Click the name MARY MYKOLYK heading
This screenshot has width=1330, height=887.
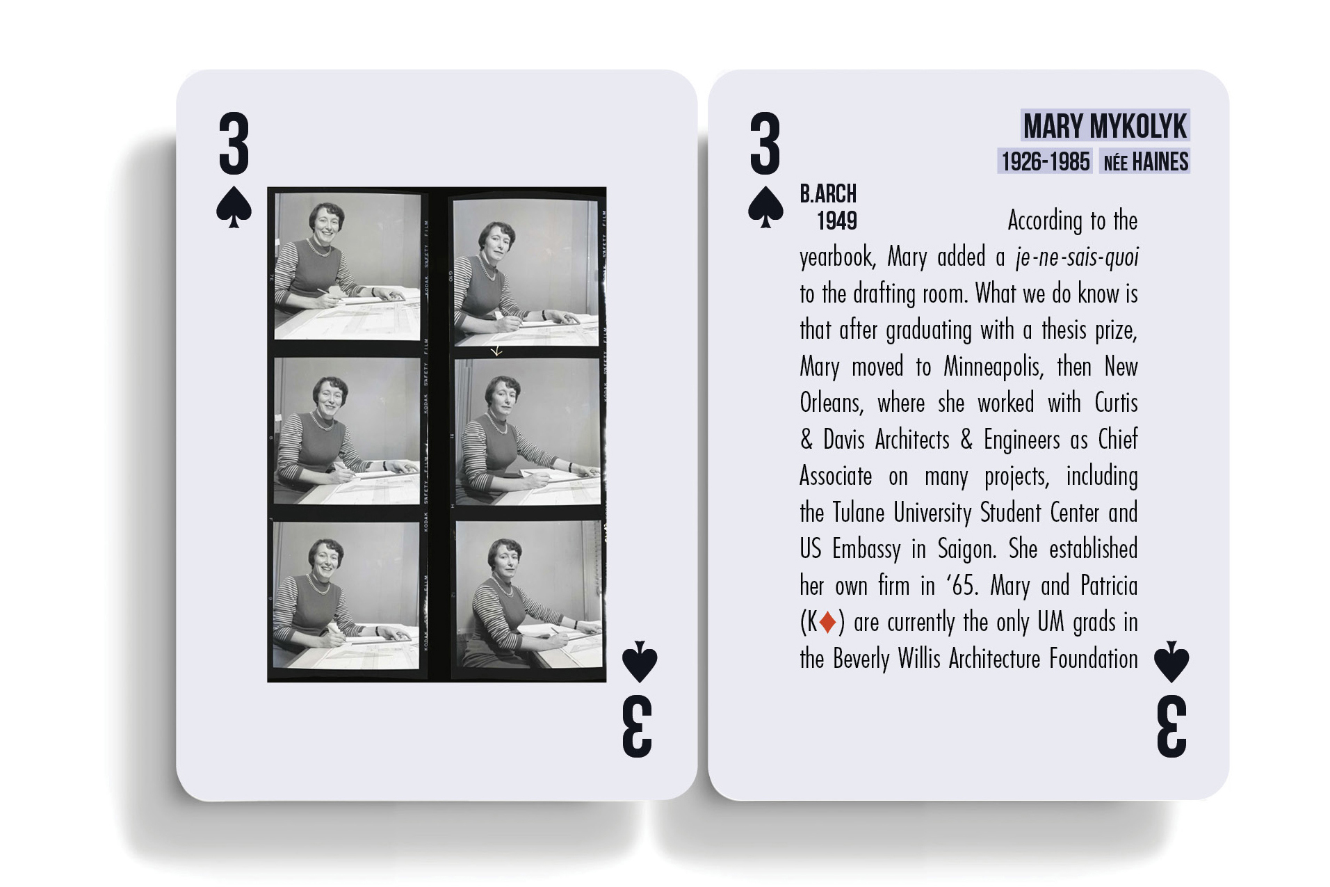point(1105,127)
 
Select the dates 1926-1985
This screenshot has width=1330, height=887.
point(1045,162)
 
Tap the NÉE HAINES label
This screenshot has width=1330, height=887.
point(1146,162)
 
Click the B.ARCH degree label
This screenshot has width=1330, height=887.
point(828,193)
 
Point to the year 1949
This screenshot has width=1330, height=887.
point(836,221)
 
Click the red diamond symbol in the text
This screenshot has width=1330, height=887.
point(827,622)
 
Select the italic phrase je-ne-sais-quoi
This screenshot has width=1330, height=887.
point(1077,257)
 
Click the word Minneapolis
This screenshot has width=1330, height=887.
point(994,367)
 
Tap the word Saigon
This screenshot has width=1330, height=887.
point(967,549)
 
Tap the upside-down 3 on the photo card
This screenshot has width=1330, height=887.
point(637,726)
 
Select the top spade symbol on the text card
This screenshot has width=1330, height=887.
point(765,207)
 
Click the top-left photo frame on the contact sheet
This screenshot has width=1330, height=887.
point(347,267)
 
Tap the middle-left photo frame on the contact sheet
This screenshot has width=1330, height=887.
point(347,431)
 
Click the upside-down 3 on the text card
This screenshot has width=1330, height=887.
point(1171,726)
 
